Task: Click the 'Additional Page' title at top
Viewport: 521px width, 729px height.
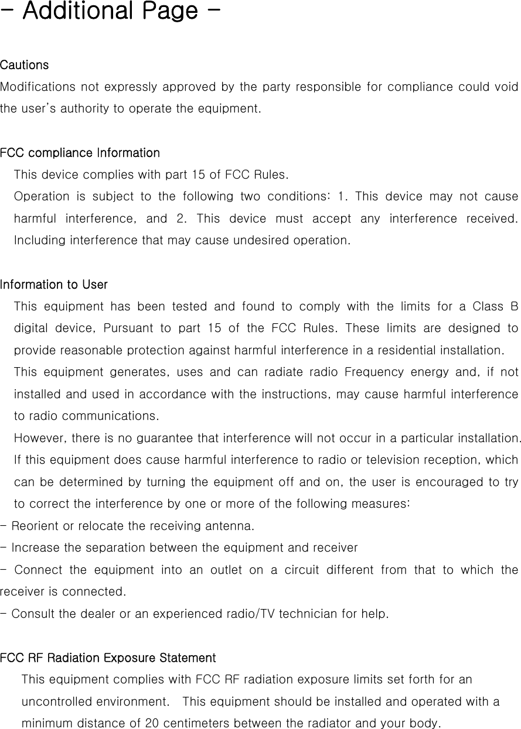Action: point(110,11)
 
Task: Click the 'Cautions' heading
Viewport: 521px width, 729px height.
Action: point(25,64)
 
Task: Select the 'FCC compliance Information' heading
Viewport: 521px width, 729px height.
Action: point(80,153)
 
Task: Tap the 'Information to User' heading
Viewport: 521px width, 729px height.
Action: point(54,285)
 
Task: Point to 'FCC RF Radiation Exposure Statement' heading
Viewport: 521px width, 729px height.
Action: point(108,658)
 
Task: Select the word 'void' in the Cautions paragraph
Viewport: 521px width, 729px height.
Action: point(506,87)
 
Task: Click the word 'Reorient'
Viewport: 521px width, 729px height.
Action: point(35,526)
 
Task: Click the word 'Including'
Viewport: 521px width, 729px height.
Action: point(39,241)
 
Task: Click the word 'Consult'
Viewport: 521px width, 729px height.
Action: point(32,614)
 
